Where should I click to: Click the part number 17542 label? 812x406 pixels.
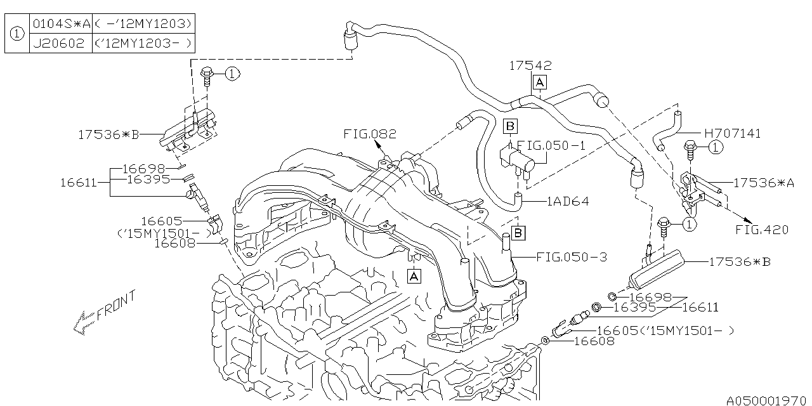530,65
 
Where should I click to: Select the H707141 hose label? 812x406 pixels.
732,133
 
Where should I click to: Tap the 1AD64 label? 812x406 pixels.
568,201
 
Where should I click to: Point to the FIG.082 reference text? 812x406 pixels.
370,134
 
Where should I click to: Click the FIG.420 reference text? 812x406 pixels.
762,230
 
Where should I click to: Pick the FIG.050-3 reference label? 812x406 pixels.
572,257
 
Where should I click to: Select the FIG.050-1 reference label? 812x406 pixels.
551,145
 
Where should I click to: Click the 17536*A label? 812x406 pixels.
763,183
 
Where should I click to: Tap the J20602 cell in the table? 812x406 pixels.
59,44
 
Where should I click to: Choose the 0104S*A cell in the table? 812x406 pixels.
62,24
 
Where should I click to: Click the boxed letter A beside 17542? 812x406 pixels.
540,82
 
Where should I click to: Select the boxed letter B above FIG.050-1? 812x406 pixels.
510,126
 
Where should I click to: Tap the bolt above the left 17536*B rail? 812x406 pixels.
207,75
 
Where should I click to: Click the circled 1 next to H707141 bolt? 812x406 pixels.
716,147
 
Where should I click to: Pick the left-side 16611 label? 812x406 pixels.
78,182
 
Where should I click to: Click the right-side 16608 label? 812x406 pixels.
594,341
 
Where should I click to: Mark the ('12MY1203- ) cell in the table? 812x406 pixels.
143,44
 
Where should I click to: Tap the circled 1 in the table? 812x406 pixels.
16,34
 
